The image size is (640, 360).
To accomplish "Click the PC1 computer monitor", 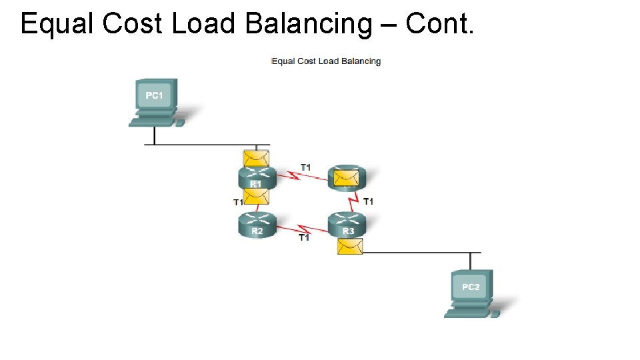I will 154,96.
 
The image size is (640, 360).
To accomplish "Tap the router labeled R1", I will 256,179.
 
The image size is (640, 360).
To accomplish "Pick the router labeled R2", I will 257,225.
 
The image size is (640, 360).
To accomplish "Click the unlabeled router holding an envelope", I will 347,177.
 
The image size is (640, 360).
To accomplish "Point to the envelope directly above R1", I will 256,159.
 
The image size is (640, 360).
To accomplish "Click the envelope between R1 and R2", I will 256,196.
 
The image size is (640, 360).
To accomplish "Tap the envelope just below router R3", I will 350,247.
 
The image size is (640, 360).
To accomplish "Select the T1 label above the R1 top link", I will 305,167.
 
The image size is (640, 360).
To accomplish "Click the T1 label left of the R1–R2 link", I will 237,202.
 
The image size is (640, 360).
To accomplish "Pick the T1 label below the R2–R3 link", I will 303,237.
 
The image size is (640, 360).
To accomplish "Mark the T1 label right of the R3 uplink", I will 368,201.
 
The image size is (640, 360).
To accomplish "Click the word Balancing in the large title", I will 309,24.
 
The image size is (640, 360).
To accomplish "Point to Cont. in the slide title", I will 439,24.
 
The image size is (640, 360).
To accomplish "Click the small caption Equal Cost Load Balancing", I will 326,61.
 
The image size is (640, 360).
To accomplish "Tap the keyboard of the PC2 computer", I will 466,313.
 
